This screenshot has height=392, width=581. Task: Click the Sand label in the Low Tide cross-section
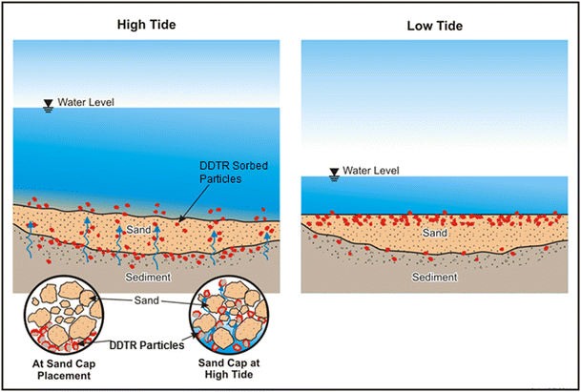[x=436, y=232]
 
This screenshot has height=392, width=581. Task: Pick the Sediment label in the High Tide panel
[x=147, y=277]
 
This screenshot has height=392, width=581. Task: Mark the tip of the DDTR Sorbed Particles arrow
[x=180, y=223]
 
